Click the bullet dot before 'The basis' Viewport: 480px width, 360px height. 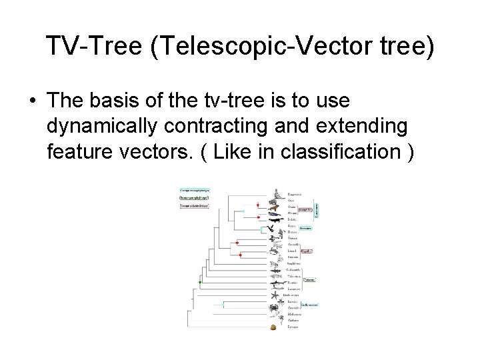(x=33, y=102)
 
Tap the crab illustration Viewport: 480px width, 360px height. (x=274, y=308)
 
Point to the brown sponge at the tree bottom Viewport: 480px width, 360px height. (x=273, y=327)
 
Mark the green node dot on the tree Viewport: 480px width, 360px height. (x=200, y=283)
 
